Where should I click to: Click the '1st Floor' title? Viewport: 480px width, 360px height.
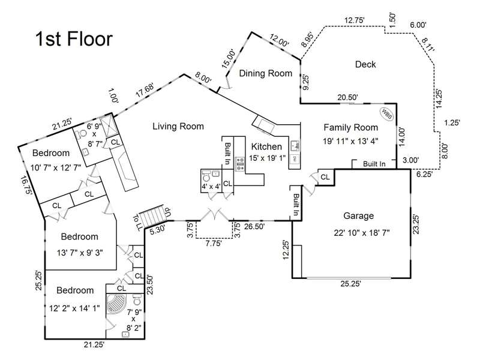pos(74,39)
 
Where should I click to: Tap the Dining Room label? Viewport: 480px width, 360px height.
pos(265,73)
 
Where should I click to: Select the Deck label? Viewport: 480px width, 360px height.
pos(365,64)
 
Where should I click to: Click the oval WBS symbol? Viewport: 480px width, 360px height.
pos(386,115)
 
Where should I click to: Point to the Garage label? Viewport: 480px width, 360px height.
pos(358,216)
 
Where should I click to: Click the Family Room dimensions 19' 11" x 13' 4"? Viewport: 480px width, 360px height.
pos(351,141)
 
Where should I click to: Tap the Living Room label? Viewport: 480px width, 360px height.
pos(178,127)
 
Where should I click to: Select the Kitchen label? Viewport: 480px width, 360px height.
pos(266,146)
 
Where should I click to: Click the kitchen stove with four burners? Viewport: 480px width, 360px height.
pos(239,164)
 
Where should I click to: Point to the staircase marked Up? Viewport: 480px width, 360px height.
pos(153,216)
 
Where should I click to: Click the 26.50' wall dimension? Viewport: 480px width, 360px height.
pos(254,227)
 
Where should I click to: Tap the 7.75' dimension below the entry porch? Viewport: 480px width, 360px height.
pos(214,244)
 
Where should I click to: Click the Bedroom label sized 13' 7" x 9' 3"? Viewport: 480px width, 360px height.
pos(80,236)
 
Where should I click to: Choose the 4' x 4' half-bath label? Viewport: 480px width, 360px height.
pos(211,186)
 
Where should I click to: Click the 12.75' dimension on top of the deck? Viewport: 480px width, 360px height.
pos(354,20)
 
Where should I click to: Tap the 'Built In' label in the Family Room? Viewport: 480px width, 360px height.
pos(374,164)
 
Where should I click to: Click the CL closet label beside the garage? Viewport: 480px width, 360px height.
pos(325,177)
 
